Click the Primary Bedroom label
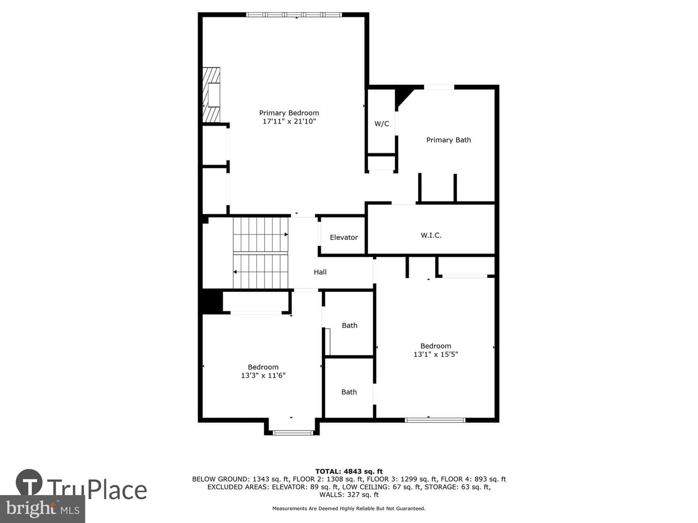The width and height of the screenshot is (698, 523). pyautogui.click(x=289, y=113)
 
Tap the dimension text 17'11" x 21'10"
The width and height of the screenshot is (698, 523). pyautogui.click(x=289, y=121)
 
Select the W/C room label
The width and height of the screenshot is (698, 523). pyautogui.click(x=381, y=123)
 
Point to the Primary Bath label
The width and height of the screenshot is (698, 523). pyautogui.click(x=448, y=140)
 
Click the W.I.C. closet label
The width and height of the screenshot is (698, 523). pyautogui.click(x=431, y=235)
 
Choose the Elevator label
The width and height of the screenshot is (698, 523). pyautogui.click(x=344, y=237)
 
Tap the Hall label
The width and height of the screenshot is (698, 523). pyautogui.click(x=320, y=272)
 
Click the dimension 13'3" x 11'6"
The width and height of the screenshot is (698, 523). pyautogui.click(x=263, y=375)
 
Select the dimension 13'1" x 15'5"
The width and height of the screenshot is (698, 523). pyautogui.click(x=435, y=354)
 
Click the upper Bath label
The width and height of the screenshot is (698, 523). pyautogui.click(x=349, y=325)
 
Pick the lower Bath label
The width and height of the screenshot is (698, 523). pyautogui.click(x=349, y=392)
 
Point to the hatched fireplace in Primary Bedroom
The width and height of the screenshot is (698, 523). pyautogui.click(x=211, y=94)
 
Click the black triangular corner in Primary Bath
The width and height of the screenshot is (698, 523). pyautogui.click(x=402, y=96)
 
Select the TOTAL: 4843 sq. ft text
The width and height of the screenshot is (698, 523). pyautogui.click(x=349, y=471)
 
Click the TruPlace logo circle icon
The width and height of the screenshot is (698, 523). pyautogui.click(x=29, y=482)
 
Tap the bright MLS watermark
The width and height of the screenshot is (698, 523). pyautogui.click(x=42, y=508)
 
